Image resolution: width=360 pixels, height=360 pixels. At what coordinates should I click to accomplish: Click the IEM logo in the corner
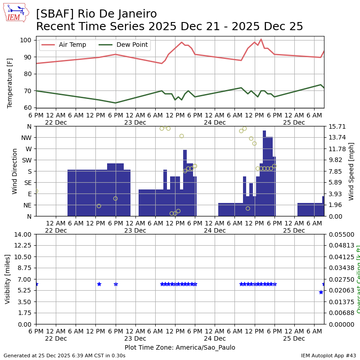pos(16,13)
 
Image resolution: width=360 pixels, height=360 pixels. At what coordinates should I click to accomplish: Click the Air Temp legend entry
pos(65,45)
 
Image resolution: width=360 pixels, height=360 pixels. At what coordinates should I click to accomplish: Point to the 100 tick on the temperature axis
pos(26,40)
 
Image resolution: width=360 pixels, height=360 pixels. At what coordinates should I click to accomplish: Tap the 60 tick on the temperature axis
pos(27,108)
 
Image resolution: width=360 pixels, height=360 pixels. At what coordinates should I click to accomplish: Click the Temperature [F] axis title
pos(10,74)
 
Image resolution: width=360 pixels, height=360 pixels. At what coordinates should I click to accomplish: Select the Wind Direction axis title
pos(15,171)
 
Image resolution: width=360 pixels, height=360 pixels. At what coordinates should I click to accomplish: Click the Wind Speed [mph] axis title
pos(351,171)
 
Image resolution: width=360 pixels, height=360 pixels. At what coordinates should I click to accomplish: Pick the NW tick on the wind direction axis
pos(27,137)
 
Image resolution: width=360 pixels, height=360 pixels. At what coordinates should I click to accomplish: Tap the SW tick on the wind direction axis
pos(27,160)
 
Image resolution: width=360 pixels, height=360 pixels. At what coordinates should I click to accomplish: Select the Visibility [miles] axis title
pos(8,279)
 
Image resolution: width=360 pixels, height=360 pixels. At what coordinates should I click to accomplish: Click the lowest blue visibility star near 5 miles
pos(321,292)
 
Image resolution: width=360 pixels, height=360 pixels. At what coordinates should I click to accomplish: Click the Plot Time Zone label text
pos(180,347)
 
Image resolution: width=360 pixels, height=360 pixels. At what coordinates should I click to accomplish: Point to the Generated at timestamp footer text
pos(64,355)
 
